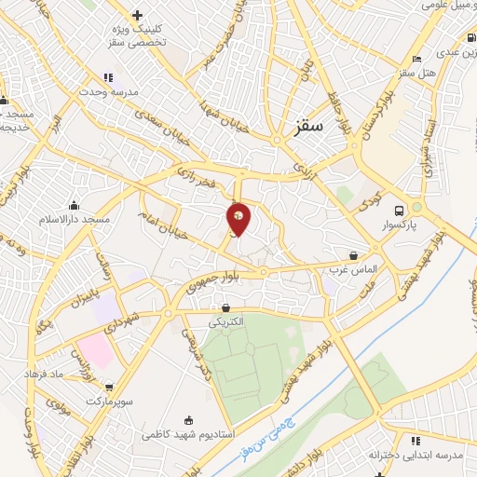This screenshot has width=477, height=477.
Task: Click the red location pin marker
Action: [x=239, y=219]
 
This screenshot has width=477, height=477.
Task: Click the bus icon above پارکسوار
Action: [x=400, y=211]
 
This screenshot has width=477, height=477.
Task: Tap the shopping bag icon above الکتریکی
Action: [x=226, y=307]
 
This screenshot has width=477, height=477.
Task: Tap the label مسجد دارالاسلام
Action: [x=74, y=217]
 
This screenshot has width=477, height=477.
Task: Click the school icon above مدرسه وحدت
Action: [x=108, y=77]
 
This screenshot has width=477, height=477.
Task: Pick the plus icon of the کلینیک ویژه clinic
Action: [x=138, y=15]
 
